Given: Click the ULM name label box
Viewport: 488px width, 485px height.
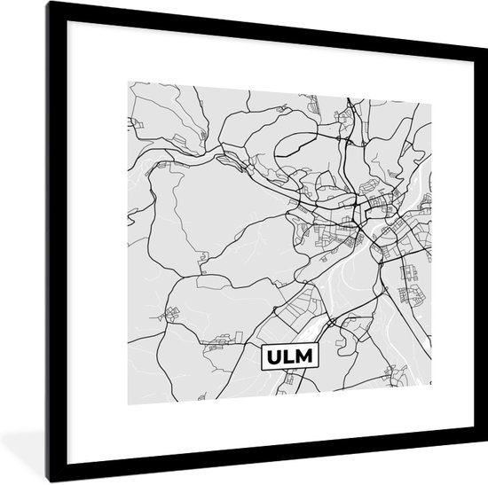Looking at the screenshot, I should (x=293, y=358).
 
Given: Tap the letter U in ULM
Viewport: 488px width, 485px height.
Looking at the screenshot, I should (x=274, y=358).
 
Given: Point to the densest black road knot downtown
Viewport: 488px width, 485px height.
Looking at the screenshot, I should (x=365, y=213).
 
